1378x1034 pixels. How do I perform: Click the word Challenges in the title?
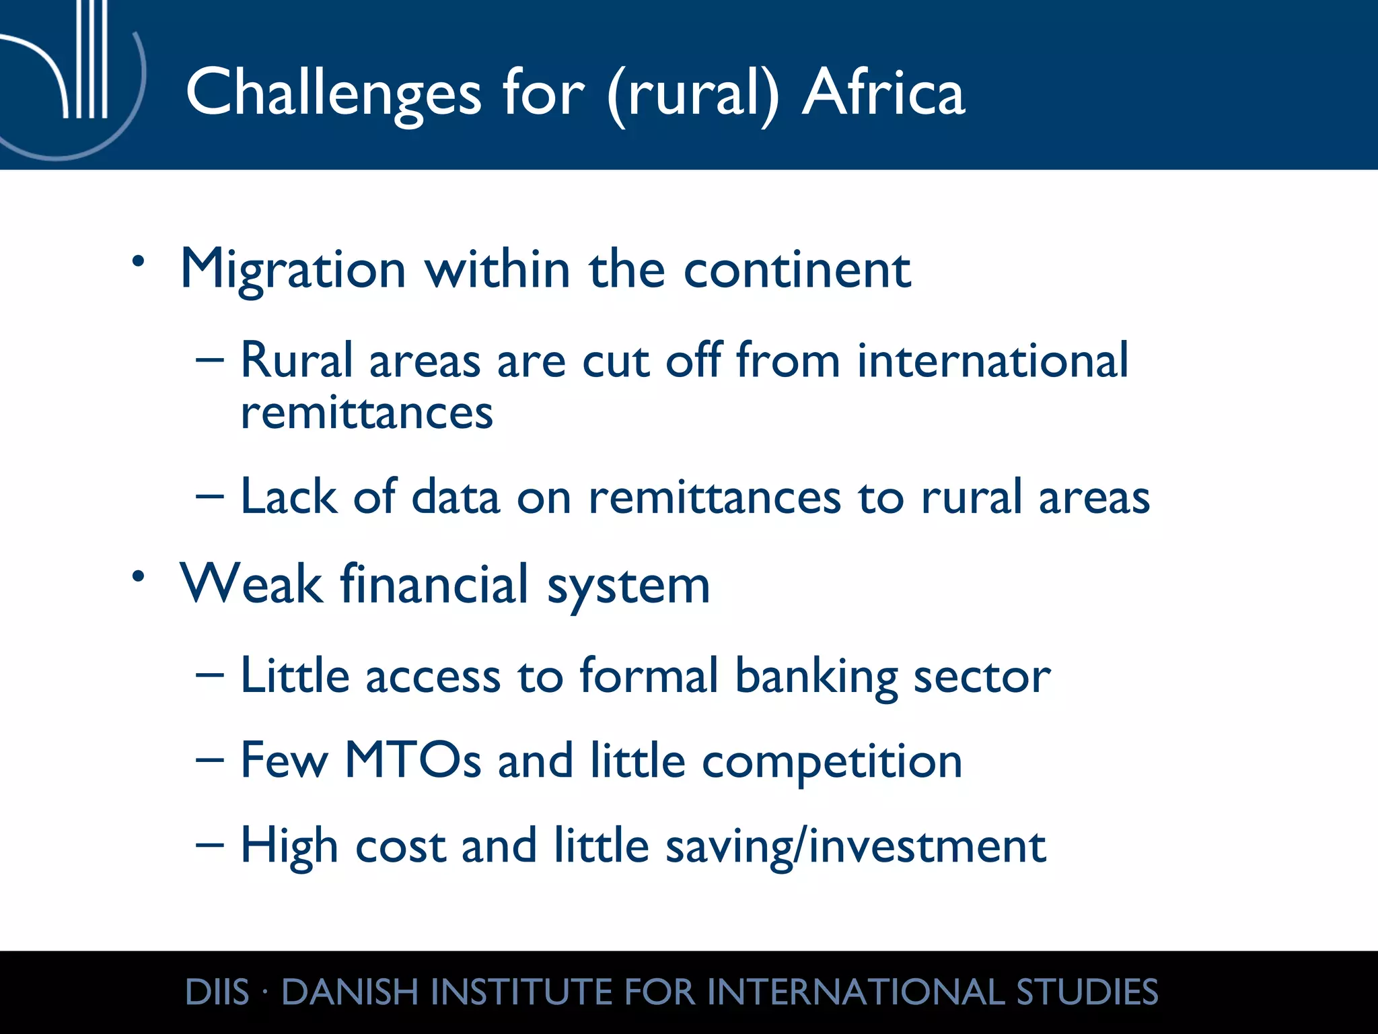(x=333, y=94)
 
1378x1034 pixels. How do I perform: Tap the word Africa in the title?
(x=883, y=94)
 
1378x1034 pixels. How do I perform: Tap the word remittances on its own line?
(x=367, y=413)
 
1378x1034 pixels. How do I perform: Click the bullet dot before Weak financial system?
(x=139, y=576)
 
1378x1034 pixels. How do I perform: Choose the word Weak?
(x=251, y=584)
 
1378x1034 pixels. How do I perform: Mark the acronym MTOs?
(x=412, y=761)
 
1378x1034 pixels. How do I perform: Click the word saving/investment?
(x=855, y=847)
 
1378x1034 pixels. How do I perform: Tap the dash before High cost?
(x=209, y=846)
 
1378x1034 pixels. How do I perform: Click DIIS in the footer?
(x=217, y=992)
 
